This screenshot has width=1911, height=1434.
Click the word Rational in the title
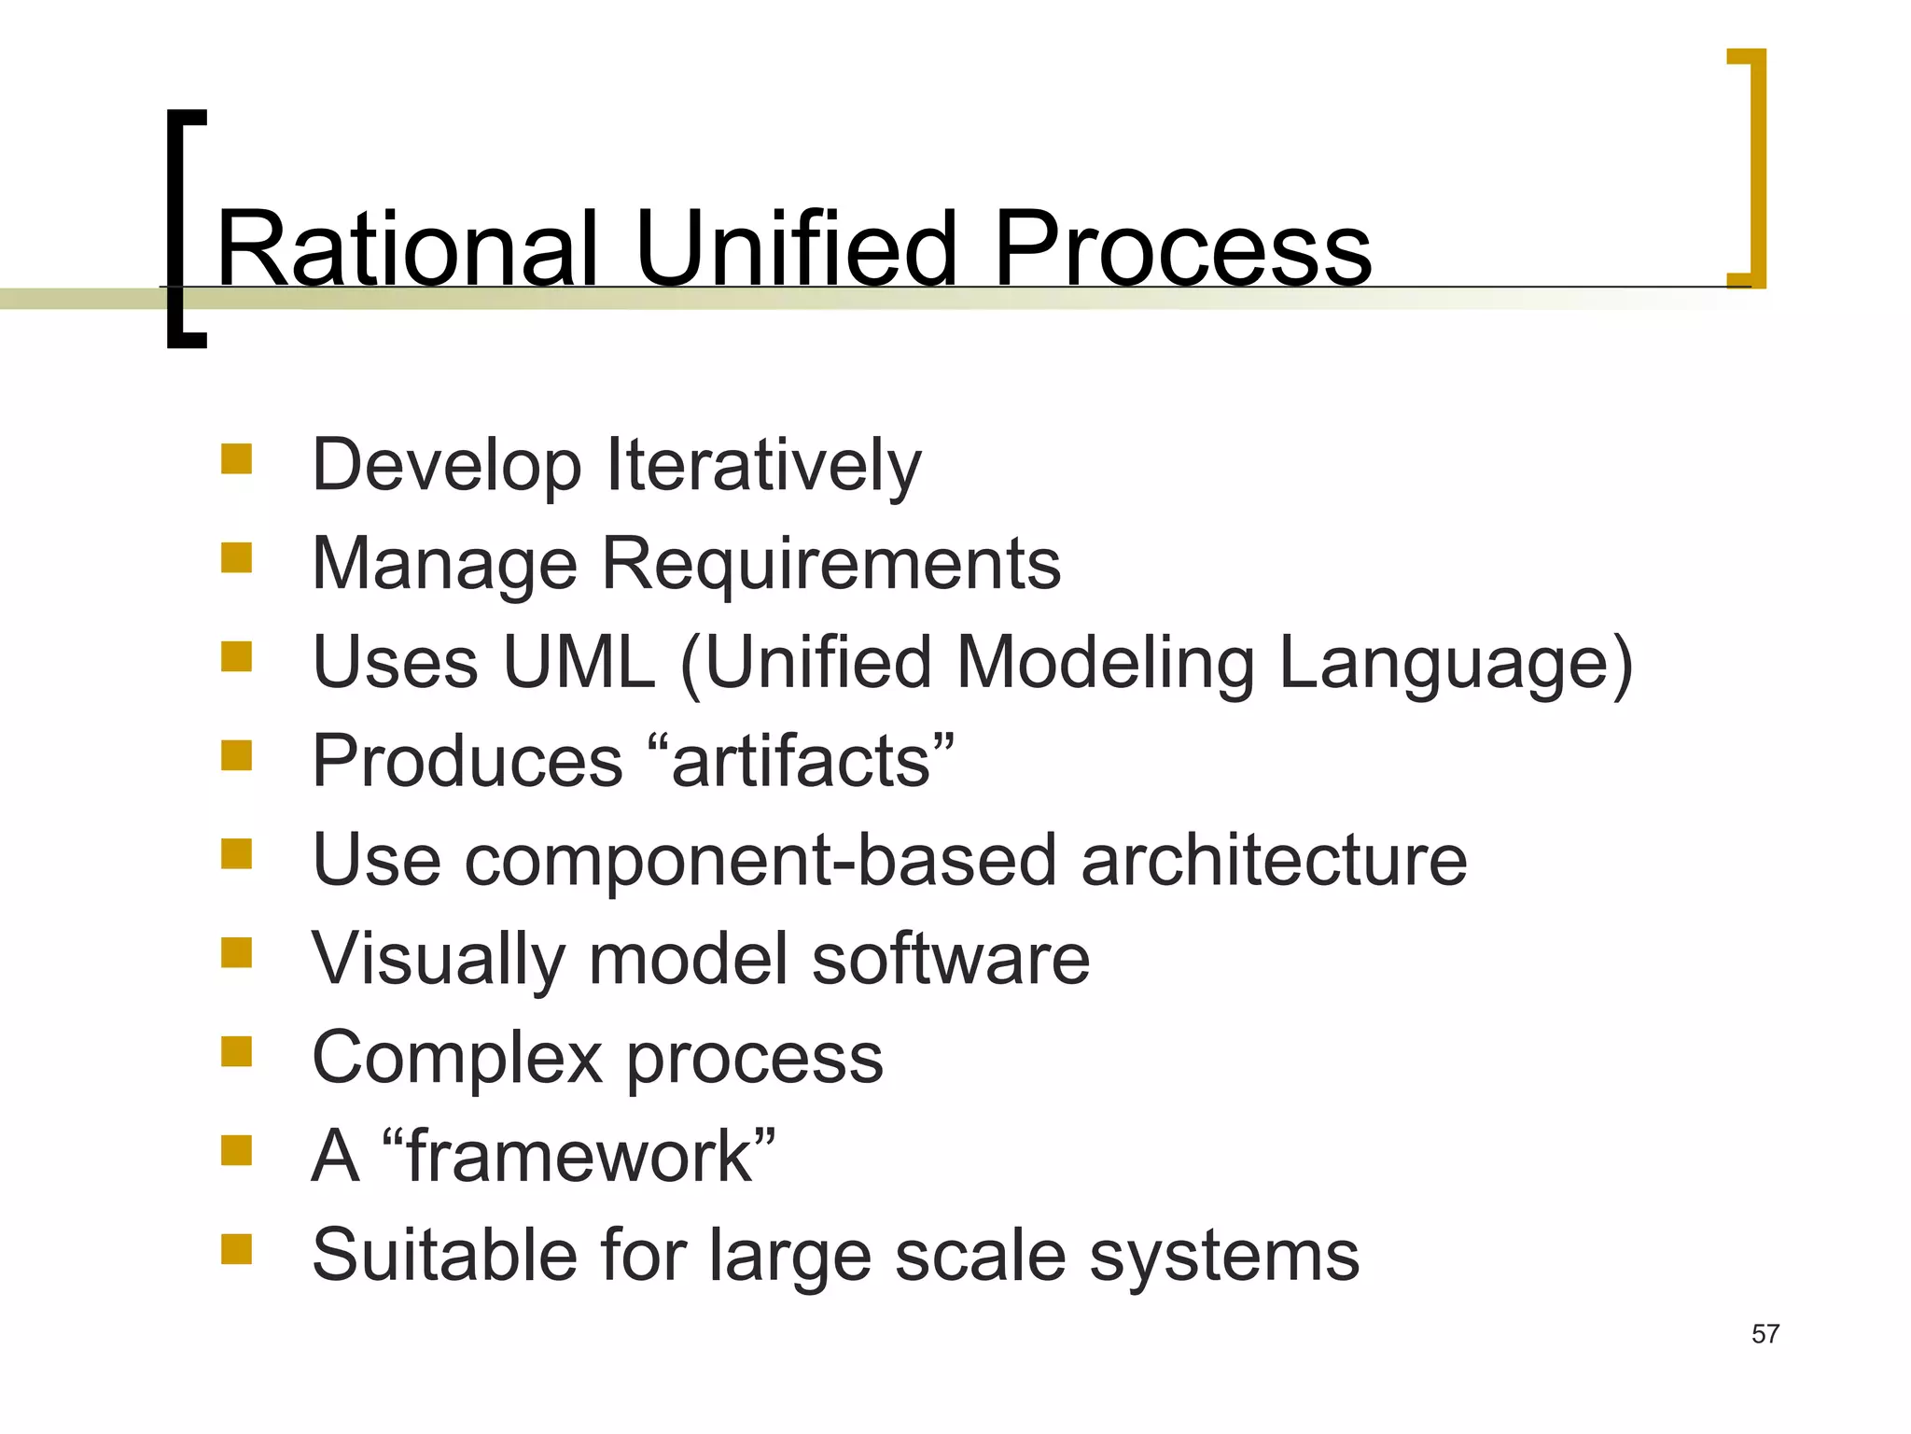(x=406, y=248)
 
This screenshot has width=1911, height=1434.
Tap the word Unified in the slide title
(x=796, y=248)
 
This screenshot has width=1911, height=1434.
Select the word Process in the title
(x=1182, y=248)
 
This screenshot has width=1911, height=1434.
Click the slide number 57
(x=1765, y=1334)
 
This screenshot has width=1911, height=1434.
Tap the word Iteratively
(x=763, y=466)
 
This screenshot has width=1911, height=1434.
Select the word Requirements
(x=830, y=564)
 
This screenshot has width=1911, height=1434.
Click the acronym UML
(x=579, y=662)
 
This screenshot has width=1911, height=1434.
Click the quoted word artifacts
(x=802, y=761)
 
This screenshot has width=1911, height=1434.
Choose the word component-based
(x=760, y=860)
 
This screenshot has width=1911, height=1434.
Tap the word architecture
(x=1274, y=860)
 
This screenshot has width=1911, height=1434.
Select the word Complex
(x=457, y=1058)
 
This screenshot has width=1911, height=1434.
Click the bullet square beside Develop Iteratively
(x=237, y=459)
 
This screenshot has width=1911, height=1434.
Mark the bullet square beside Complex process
(x=237, y=1051)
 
